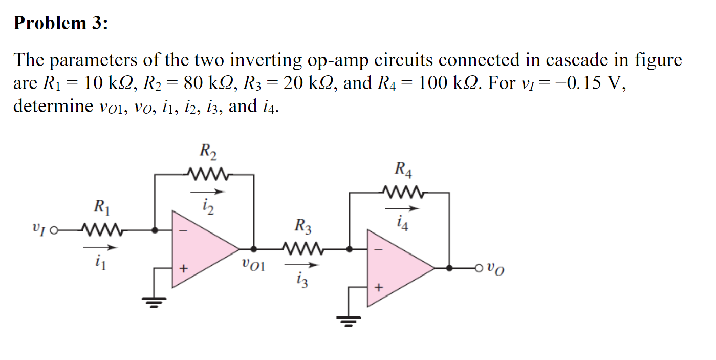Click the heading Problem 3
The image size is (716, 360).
60,23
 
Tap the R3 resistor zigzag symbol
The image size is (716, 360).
303,249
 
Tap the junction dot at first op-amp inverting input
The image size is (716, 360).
155,230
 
